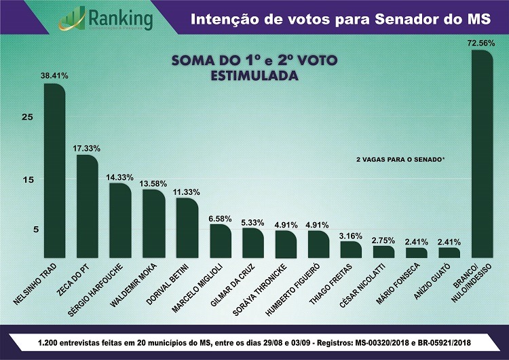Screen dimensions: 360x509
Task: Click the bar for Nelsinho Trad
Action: point(54,170)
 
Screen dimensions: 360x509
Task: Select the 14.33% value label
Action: point(120,177)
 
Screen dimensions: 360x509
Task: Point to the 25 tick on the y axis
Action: point(27,117)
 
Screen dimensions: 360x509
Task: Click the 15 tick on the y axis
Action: point(27,179)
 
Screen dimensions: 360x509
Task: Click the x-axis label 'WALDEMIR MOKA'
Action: point(134,284)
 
